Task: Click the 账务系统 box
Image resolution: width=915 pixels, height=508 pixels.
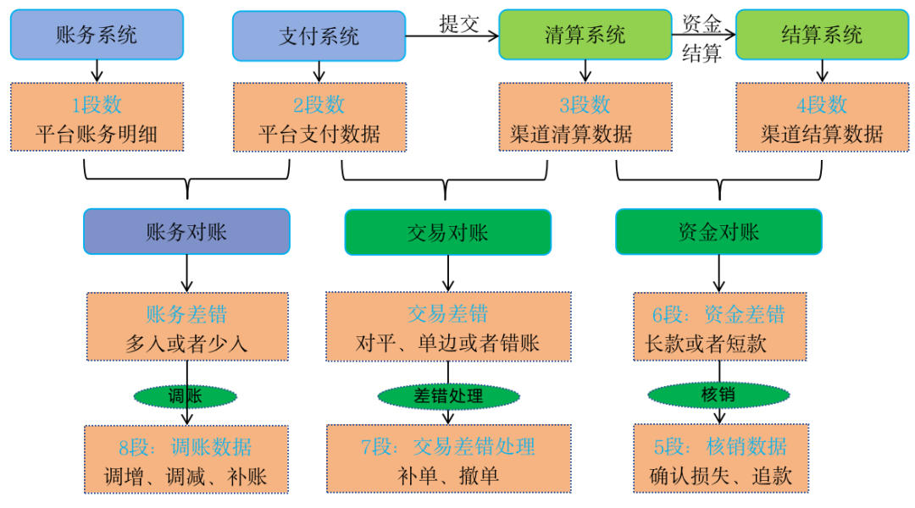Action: click(97, 36)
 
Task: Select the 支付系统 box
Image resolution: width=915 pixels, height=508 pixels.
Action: click(319, 36)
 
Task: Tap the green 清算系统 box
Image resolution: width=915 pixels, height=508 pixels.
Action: click(585, 35)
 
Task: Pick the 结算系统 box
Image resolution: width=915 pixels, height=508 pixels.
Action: click(821, 35)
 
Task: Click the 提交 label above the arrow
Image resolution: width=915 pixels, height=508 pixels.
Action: click(459, 23)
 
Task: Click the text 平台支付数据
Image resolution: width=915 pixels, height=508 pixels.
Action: click(319, 134)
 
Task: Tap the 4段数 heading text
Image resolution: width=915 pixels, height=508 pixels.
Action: click(821, 105)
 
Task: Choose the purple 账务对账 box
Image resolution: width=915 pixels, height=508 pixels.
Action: click(186, 232)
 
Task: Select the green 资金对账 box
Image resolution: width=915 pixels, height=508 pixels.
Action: click(718, 232)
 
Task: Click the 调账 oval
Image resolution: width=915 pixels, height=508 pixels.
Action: click(186, 395)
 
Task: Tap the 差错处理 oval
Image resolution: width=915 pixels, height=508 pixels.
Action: click(448, 395)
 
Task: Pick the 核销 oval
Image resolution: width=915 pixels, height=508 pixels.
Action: click(718, 395)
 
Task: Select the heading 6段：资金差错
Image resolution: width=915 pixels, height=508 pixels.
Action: click(718, 315)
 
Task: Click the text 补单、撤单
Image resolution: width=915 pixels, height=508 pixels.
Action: click(447, 475)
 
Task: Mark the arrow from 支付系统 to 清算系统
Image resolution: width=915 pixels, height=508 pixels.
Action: click(451, 36)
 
